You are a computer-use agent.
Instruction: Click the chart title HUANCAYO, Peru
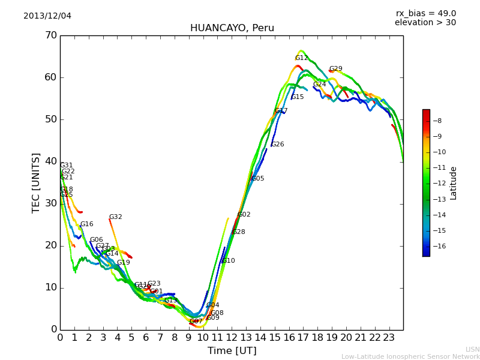pos(232,28)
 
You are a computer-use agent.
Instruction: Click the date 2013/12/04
pos(47,16)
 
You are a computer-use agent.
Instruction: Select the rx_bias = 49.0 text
pos(425,14)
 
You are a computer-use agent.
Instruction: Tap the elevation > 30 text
pos(425,23)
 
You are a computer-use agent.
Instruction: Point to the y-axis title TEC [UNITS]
pos(36,182)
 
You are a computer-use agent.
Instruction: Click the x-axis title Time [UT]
pos(232,351)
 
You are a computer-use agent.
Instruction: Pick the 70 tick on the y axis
pos(50,35)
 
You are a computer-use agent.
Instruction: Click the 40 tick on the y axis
pos(50,161)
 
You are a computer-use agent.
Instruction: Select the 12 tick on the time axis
pos(232,338)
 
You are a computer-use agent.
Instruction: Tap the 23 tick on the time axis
pos(389,338)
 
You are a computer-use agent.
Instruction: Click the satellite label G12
pos(301,58)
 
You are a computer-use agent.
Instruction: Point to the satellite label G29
pos(335,69)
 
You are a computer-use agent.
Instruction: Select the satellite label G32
pos(115,217)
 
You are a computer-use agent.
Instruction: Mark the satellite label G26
pos(278,145)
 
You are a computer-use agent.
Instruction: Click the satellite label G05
pos(258,179)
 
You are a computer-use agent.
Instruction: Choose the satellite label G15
pos(298,97)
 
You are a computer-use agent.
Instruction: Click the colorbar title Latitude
pos(454,183)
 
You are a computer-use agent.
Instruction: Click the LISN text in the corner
pos(472,349)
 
